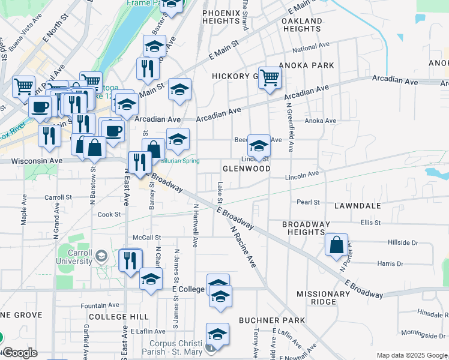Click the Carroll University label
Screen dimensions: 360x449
[x=77, y=256]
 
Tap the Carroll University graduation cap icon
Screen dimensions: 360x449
[x=101, y=256]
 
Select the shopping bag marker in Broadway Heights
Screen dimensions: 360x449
[x=337, y=245]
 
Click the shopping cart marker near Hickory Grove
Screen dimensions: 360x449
[x=270, y=77]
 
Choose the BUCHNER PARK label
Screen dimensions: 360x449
[x=272, y=320]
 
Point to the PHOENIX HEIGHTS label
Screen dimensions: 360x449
[x=221, y=17]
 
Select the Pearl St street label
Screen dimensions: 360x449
[x=308, y=203]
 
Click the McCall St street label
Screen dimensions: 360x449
[x=148, y=237]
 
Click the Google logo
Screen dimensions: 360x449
[x=19, y=353]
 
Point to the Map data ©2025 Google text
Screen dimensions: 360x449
[x=411, y=355]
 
